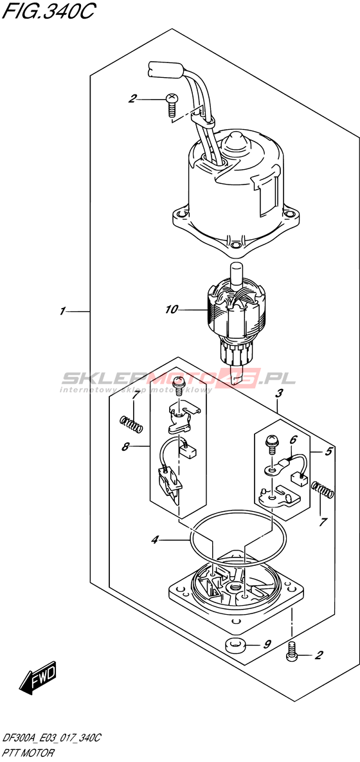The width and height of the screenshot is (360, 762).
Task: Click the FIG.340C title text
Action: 49,11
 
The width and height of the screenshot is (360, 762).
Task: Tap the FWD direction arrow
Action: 39,677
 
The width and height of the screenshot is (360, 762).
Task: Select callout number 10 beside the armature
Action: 172,309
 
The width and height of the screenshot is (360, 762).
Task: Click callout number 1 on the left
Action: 62,311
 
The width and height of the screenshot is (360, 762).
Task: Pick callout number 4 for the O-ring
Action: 154,540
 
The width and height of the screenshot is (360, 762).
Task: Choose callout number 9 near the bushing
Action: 267,645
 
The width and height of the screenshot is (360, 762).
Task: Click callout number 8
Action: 125,447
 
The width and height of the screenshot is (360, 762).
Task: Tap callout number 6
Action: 292,440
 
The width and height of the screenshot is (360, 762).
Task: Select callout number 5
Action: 328,451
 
